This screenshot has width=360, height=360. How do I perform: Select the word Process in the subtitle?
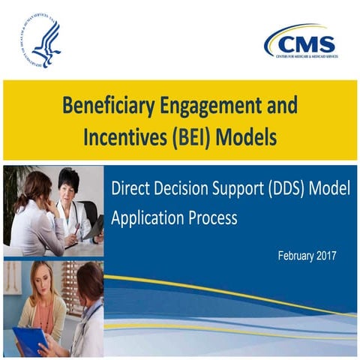[212, 219]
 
